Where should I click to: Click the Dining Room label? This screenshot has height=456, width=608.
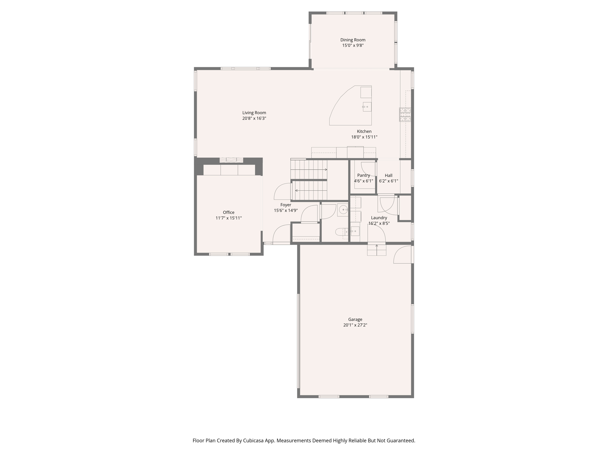pos(353,40)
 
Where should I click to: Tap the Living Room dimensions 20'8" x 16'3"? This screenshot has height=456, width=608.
pos(254,118)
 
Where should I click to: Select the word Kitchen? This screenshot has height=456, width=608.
pos(364,132)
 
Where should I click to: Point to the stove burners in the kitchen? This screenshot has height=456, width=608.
pos(405,115)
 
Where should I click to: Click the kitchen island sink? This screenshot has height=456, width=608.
pos(367,107)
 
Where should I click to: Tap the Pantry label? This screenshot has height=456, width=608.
pos(363,175)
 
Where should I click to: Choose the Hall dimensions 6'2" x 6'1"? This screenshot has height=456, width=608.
pos(388,181)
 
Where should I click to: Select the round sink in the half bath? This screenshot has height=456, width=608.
pos(343,210)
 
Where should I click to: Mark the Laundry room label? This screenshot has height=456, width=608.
pos(379,218)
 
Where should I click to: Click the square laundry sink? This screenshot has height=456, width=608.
pos(355,231)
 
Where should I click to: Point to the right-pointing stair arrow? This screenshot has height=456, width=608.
pos(326,170)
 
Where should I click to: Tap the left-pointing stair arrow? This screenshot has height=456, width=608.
pos(296,191)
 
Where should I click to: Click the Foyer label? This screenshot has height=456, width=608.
pos(286,205)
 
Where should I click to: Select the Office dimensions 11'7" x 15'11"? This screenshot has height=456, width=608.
pos(229,218)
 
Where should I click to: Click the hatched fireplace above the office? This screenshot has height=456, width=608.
pos(231,160)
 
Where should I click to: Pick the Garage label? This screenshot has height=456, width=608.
pos(355,319)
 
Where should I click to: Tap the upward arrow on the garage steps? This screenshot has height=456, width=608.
pos(377,246)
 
